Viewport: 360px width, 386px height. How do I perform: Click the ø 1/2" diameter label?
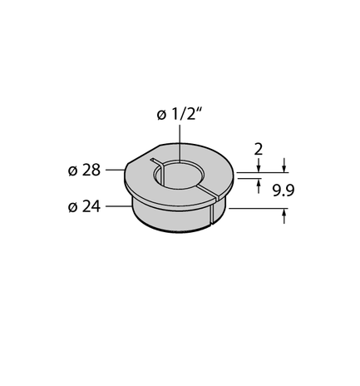tap(179, 116)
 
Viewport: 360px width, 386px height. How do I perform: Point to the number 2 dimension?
tap(259, 150)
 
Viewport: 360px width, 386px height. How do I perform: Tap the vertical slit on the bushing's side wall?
tap(213, 211)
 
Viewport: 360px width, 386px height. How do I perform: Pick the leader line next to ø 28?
tap(114, 171)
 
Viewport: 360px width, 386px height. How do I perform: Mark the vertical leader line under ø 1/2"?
tap(178, 146)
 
